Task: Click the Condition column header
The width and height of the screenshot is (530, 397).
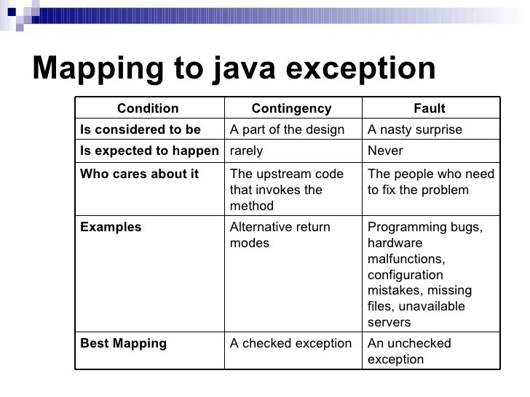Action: [x=148, y=108]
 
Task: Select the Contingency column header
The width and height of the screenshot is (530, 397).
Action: [x=291, y=108]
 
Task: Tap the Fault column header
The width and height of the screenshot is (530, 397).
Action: [x=430, y=108]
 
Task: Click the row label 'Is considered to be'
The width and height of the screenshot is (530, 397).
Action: [x=140, y=130]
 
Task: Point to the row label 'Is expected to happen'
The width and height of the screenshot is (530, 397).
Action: [x=149, y=151]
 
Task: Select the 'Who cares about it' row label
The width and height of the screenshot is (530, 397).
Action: [x=139, y=175]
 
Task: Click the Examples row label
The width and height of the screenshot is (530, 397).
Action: [x=111, y=227]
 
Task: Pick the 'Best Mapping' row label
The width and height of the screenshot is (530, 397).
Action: [x=123, y=343]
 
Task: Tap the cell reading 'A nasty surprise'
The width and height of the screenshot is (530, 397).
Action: [x=415, y=130]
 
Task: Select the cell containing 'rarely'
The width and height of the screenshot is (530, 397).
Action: [x=246, y=151]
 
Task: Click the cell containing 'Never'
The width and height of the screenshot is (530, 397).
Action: [x=385, y=151]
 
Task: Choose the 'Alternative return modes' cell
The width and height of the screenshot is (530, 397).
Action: [x=280, y=235]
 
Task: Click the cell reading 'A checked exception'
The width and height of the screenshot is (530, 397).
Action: [x=290, y=343]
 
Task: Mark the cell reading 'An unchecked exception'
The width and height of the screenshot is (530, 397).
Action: [x=409, y=351]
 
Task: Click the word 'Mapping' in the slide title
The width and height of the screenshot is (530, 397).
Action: [x=93, y=68]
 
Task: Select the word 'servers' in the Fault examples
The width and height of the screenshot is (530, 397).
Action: [x=389, y=322]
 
